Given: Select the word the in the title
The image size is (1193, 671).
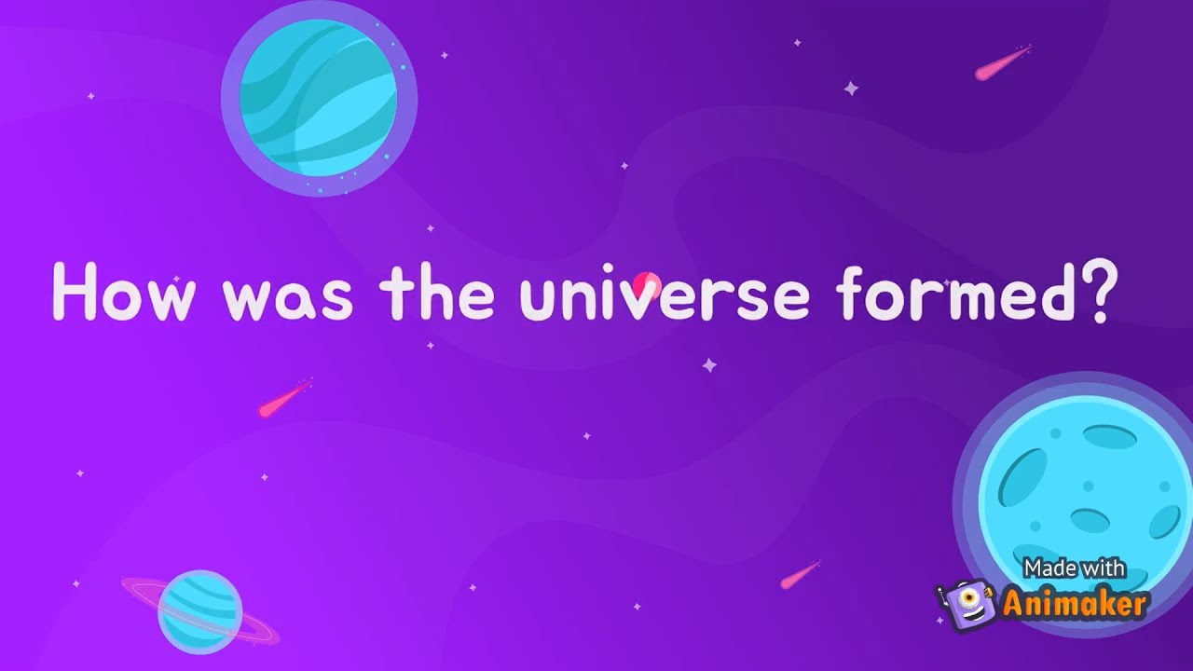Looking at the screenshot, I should (436, 291).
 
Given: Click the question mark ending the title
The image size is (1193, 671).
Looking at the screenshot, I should (1096, 291).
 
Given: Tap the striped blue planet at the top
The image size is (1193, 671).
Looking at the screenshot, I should (318, 98).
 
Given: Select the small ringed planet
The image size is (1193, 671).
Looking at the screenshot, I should (199, 611).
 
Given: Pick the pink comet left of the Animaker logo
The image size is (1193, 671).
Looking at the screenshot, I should (800, 575).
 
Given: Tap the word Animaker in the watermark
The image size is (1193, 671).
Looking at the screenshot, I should (1074, 604).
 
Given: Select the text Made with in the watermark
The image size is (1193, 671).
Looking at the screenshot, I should (1074, 568).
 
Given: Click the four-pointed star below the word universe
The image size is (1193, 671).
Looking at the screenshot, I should (709, 365).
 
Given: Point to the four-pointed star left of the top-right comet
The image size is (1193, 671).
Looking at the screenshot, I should (850, 89).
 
